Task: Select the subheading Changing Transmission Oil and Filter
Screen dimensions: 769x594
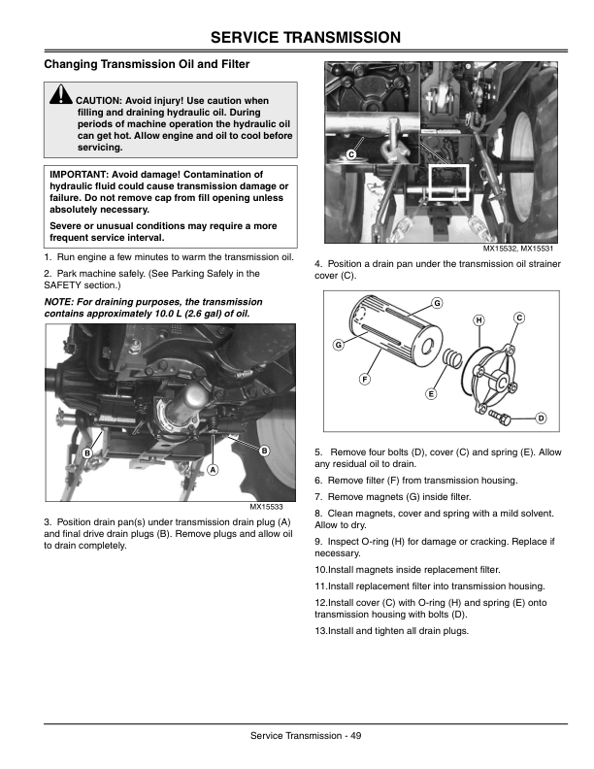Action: [x=147, y=64]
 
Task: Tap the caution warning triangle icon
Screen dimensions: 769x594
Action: [x=61, y=97]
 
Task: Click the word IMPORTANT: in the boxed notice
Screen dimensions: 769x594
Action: [x=82, y=176]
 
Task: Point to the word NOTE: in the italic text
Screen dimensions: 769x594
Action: [x=63, y=302]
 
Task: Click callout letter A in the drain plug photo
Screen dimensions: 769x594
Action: [x=211, y=468]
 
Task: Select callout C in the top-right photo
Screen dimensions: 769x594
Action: [x=351, y=155]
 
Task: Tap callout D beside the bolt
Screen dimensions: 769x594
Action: [x=540, y=418]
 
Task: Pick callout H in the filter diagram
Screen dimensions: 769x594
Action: [x=478, y=320]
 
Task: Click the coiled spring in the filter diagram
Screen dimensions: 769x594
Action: [x=449, y=366]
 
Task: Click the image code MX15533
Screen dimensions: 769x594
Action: [x=265, y=507]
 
